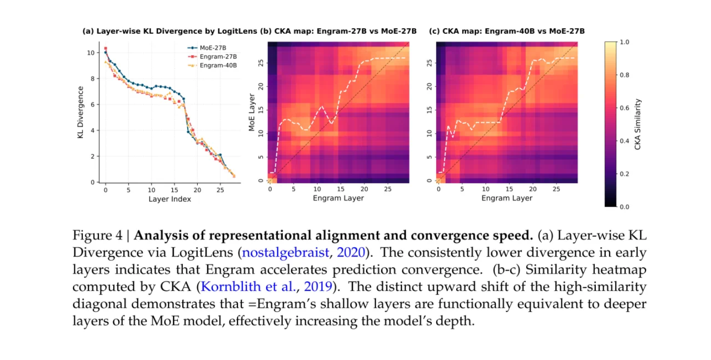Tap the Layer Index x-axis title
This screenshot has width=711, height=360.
(x=169, y=199)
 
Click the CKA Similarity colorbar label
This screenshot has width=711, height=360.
(x=638, y=124)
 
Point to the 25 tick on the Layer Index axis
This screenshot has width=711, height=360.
(x=220, y=190)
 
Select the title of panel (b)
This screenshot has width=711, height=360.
(x=338, y=31)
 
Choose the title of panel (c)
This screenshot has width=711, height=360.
(x=507, y=31)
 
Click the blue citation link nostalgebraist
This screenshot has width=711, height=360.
(x=286, y=252)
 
